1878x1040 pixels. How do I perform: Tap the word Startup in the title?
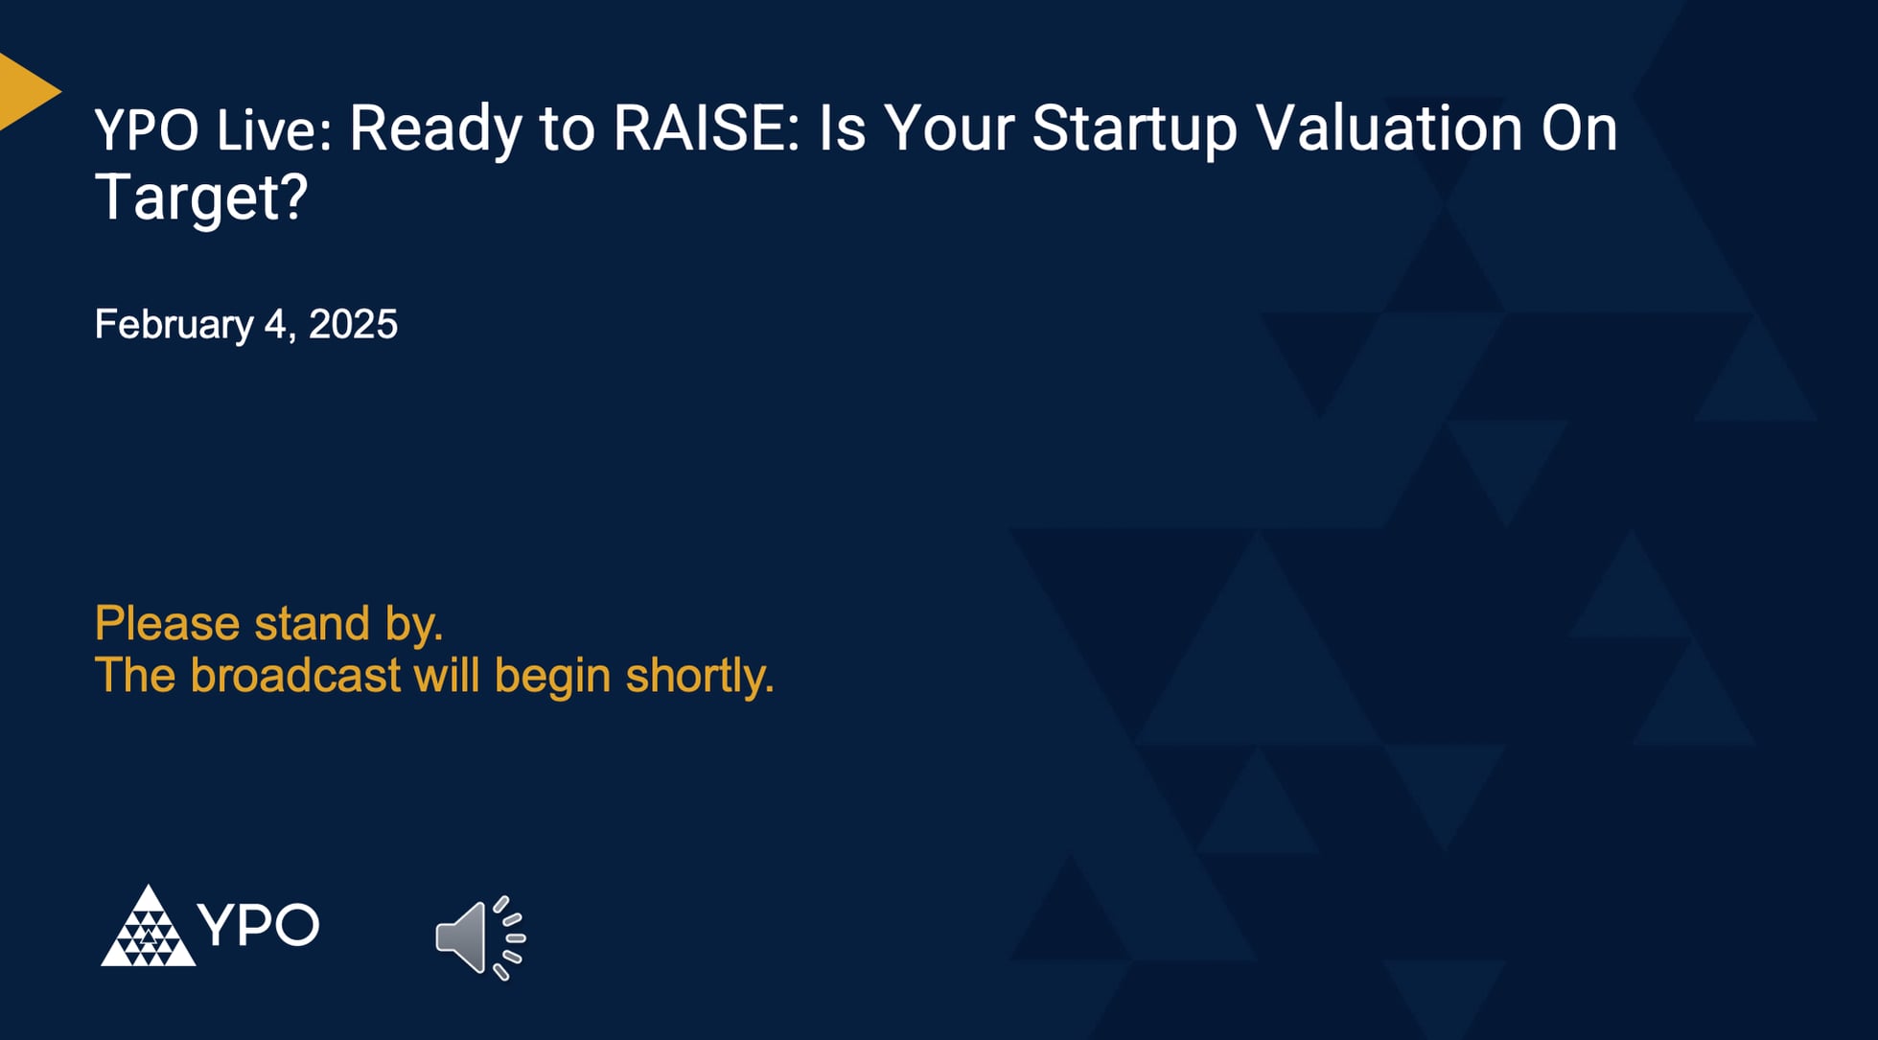point(1134,129)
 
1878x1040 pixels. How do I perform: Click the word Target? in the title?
point(201,197)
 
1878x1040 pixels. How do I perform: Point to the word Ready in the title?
point(435,129)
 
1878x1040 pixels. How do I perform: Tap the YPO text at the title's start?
point(147,129)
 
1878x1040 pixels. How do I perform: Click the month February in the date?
point(174,325)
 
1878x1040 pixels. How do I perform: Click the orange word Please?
point(168,623)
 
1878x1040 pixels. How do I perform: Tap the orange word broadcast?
point(295,675)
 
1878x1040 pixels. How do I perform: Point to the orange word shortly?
point(699,677)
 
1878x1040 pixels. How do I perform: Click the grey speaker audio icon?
point(478,937)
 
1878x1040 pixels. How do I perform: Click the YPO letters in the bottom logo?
point(259,924)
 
